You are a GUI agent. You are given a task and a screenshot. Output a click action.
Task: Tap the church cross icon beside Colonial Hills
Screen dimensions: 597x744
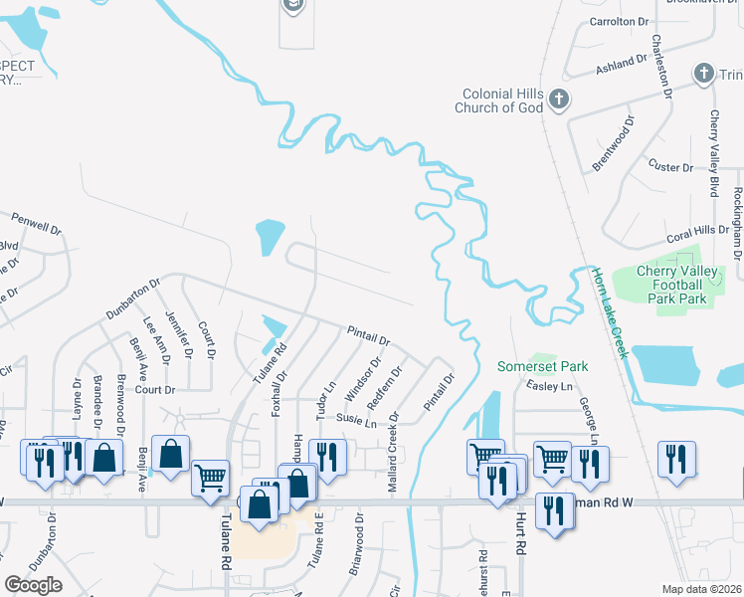(559, 99)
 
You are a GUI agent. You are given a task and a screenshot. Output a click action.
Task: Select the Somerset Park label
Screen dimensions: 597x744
(543, 366)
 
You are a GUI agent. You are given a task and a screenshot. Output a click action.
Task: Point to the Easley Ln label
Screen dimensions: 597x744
(552, 386)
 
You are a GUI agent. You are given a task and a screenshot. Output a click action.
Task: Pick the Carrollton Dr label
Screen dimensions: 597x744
(619, 21)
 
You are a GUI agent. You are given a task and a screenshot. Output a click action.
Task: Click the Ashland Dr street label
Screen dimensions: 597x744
(622, 65)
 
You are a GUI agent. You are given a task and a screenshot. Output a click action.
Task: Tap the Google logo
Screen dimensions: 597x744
(33, 585)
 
